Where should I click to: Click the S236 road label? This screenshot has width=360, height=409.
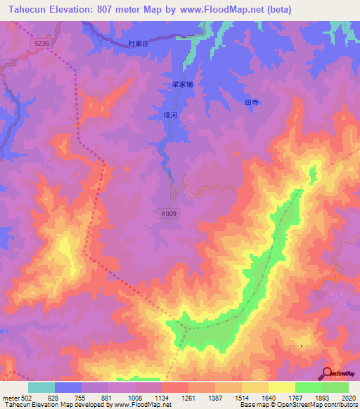[x=41, y=43]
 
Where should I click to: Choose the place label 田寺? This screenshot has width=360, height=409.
[x=251, y=102]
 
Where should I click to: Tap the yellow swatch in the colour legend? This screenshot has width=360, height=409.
[x=282, y=387]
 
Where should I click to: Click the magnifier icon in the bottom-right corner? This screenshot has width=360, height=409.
[x=327, y=373]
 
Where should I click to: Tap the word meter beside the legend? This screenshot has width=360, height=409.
[x=9, y=396]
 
